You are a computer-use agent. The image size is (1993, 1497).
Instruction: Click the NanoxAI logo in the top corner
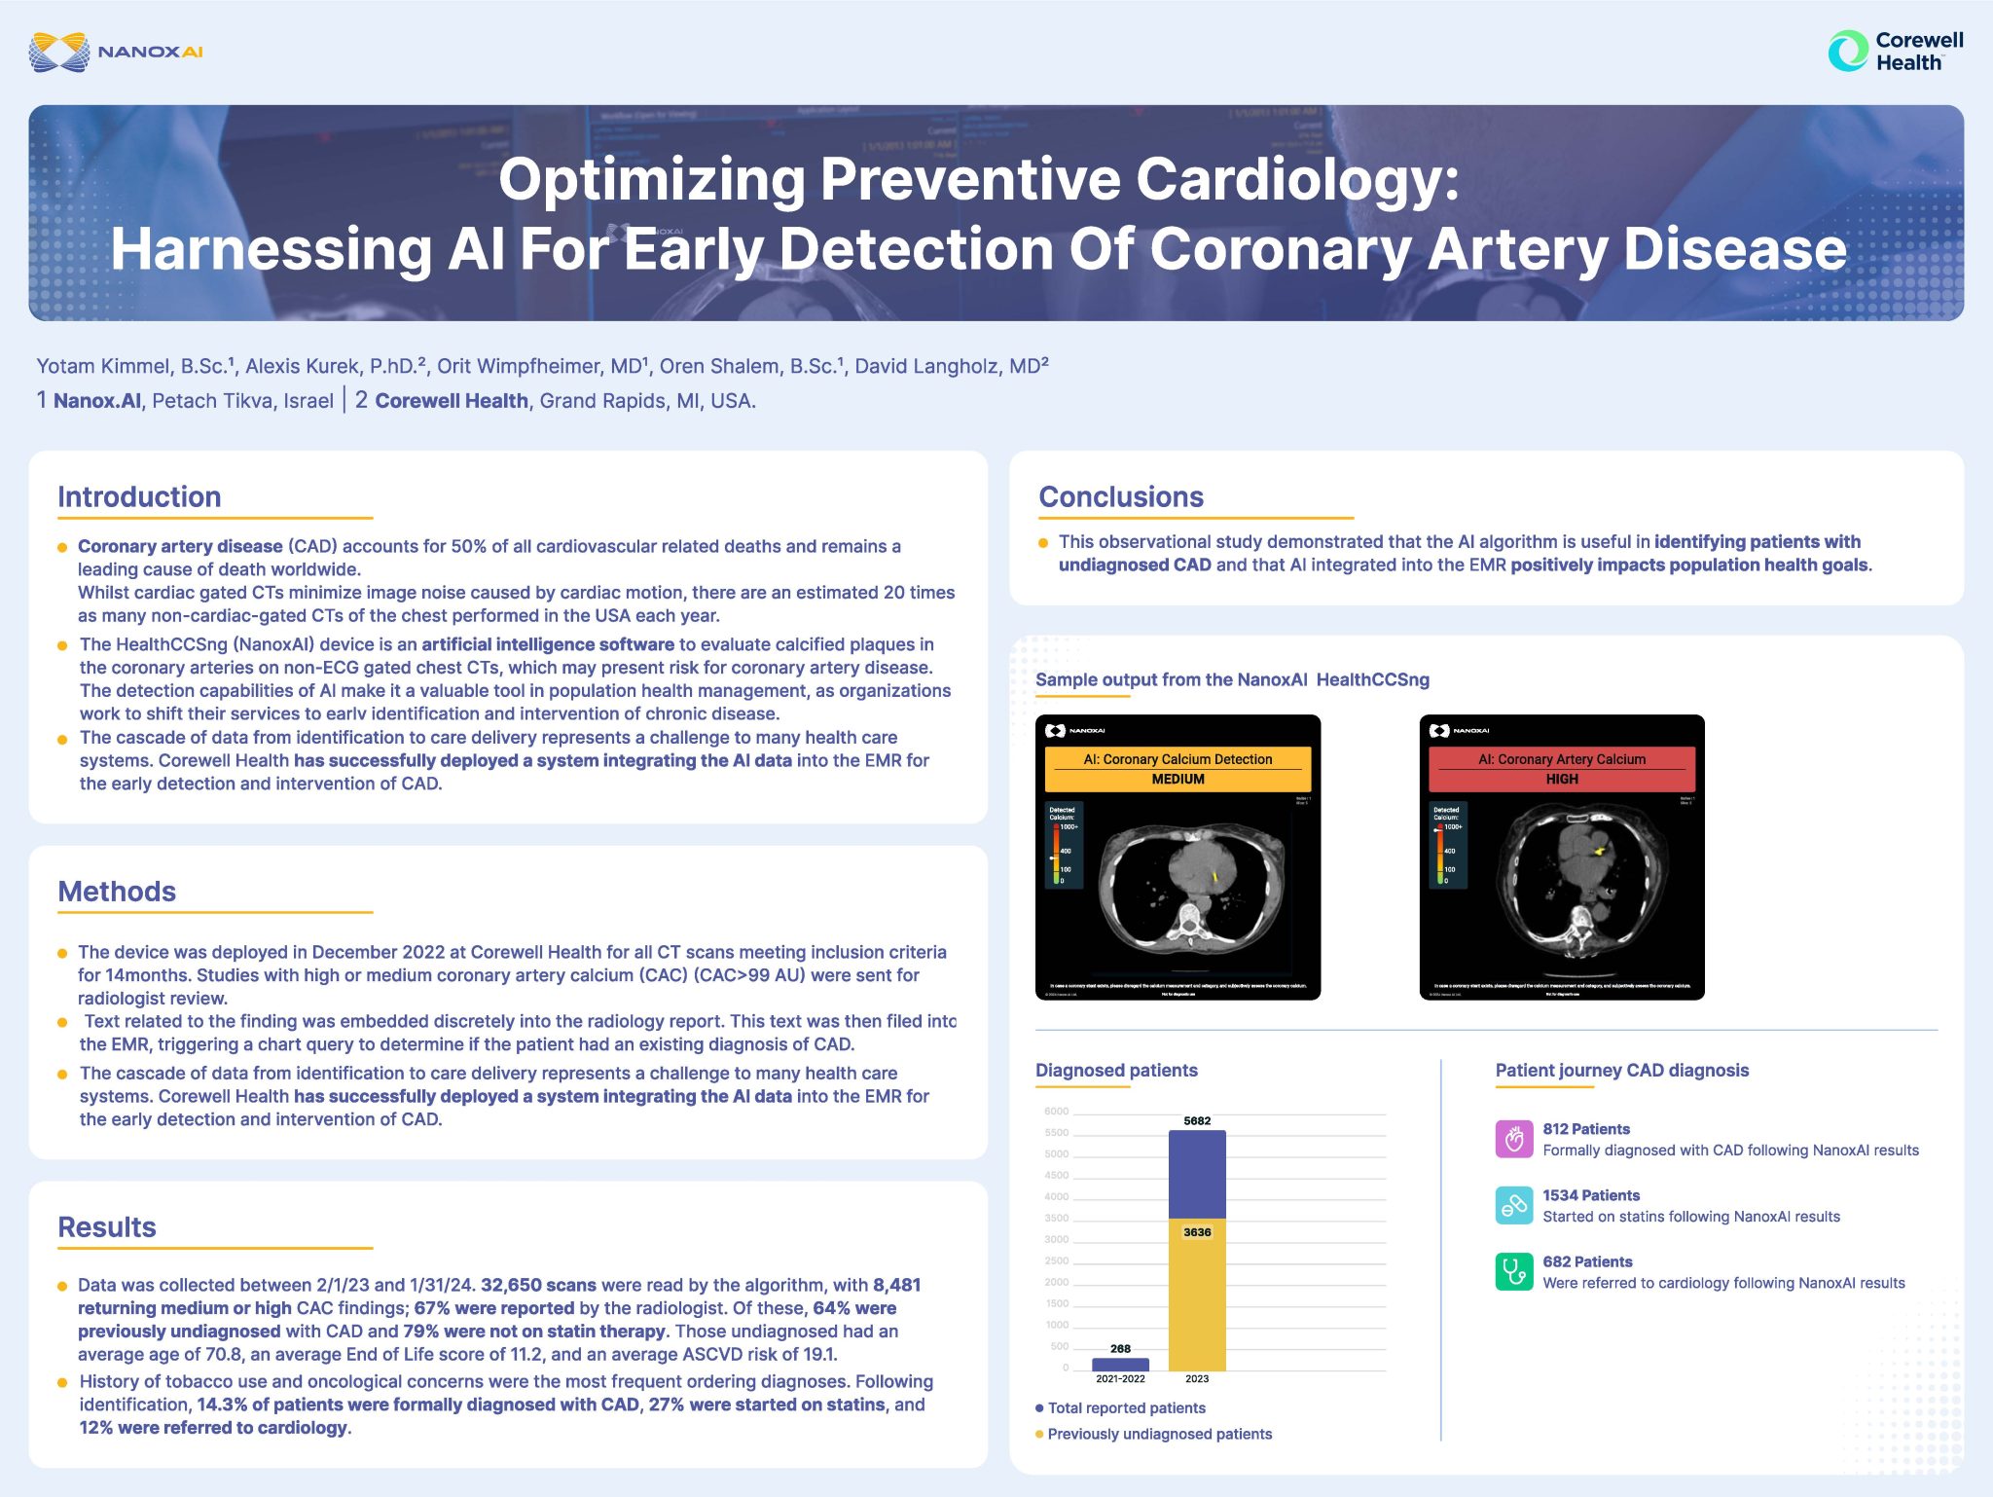[116, 52]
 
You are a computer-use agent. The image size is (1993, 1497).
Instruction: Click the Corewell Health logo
[1895, 52]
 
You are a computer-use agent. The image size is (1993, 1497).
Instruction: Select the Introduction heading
[139, 497]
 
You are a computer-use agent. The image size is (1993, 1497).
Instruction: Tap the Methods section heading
[117, 892]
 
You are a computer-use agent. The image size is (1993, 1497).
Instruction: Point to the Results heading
[107, 1227]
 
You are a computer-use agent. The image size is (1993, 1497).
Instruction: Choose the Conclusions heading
[1121, 497]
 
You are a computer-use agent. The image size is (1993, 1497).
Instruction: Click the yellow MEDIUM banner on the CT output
[1178, 769]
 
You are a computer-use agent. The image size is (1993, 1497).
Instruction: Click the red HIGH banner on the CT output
[1561, 769]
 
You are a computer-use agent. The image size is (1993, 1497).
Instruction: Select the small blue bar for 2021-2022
[1120, 1365]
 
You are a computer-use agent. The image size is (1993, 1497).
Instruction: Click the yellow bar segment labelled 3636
[1197, 1295]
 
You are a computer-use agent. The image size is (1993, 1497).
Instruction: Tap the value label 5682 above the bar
[1197, 1121]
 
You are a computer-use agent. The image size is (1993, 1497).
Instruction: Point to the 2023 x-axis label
[1197, 1379]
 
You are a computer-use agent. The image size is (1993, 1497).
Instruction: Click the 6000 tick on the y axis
[1056, 1112]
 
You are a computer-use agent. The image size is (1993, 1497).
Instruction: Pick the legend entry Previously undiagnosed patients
[1159, 1434]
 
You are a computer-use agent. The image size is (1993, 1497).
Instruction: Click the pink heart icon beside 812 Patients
[1513, 1139]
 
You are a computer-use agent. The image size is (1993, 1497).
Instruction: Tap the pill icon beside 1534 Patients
[1513, 1206]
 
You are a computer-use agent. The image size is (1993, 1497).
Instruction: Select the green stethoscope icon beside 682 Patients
[1513, 1272]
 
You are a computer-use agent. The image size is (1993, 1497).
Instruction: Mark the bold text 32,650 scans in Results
[538, 1286]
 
